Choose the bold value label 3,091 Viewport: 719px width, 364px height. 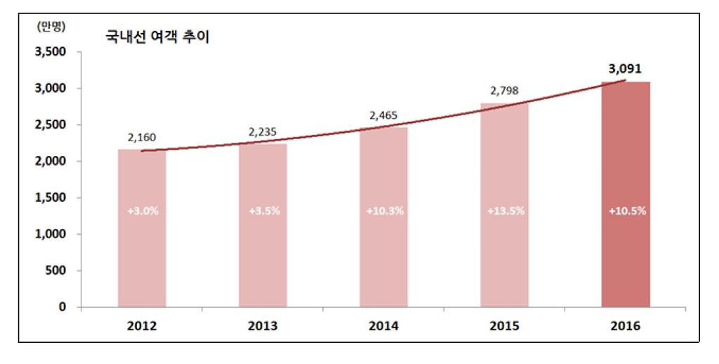[624, 69]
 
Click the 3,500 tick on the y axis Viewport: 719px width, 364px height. [50, 52]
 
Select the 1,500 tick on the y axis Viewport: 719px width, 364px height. [50, 197]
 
